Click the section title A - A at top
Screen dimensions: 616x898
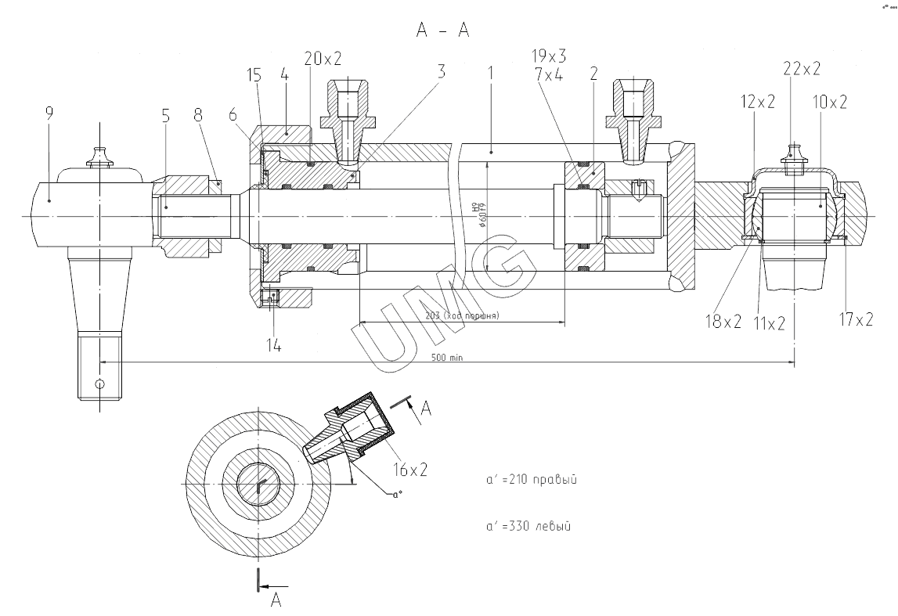[x=444, y=31]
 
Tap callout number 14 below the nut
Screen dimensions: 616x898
[x=272, y=344]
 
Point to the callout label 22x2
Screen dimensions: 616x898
[x=801, y=68]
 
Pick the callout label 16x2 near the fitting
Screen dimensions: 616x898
[x=409, y=470]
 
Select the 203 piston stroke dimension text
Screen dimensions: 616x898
[x=463, y=316]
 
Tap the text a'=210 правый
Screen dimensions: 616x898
[x=531, y=479]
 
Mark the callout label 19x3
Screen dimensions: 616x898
[x=549, y=56]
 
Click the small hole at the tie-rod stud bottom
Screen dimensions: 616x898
[x=99, y=384]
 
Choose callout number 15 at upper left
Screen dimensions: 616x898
[x=254, y=74]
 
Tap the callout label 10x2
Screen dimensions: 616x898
[x=830, y=103]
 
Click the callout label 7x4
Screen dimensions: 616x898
[x=549, y=74]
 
